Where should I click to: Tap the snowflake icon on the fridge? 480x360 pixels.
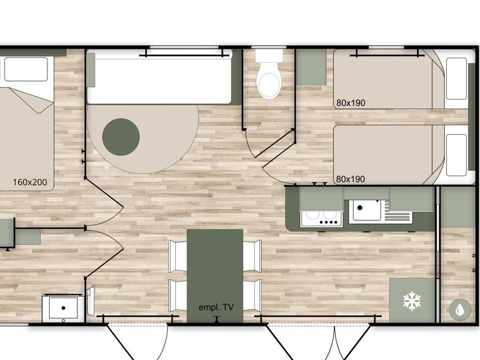[412, 301]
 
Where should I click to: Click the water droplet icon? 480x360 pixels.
[460, 310]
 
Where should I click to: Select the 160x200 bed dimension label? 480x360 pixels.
[30, 182]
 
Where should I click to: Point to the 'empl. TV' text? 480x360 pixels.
[216, 307]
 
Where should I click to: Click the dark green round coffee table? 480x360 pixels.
[121, 137]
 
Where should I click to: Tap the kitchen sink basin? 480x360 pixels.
[365, 210]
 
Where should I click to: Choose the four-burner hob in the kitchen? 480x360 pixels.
[321, 219]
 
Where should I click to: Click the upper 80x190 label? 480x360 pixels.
[351, 103]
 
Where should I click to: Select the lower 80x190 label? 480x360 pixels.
[350, 179]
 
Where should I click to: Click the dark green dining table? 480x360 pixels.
[215, 276]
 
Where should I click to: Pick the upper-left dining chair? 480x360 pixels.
[178, 256]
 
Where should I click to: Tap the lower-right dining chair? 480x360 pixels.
[253, 295]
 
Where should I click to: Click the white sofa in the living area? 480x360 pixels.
[159, 77]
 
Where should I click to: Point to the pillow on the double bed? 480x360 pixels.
[26, 69]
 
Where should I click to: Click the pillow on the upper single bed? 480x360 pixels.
[457, 79]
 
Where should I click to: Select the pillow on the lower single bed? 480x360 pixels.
[457, 155]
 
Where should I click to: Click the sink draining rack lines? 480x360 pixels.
[397, 213]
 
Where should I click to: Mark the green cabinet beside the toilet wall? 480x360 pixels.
[311, 67]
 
